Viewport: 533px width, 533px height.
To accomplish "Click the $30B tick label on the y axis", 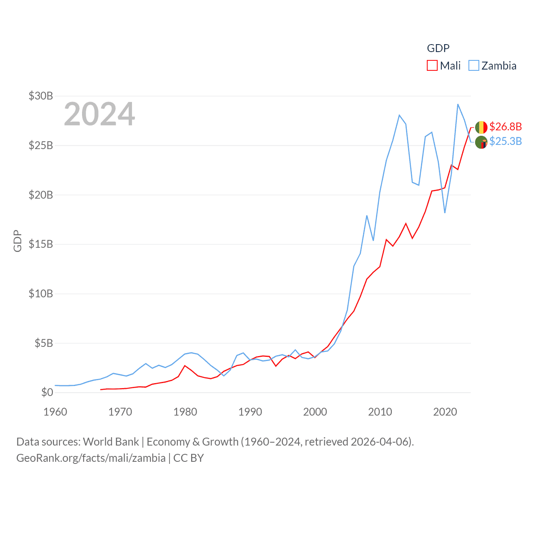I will (x=41, y=96).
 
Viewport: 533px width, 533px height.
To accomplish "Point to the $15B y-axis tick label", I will (x=41, y=244).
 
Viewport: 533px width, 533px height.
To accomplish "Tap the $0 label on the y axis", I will (x=47, y=392).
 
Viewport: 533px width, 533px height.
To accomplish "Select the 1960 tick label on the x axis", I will (x=55, y=412).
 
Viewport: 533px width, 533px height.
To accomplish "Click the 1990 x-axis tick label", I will (x=250, y=412).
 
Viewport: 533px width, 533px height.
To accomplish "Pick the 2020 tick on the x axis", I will (x=445, y=412).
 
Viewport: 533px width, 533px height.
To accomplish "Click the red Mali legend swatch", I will (x=432, y=66).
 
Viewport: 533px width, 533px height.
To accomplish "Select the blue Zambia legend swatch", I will (x=474, y=66).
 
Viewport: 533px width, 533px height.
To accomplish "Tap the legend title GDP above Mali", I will (x=438, y=48).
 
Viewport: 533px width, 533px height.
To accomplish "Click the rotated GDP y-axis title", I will (x=17, y=241).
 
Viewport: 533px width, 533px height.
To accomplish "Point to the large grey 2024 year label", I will (x=100, y=114).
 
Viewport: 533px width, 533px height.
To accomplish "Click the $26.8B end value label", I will (x=506, y=127).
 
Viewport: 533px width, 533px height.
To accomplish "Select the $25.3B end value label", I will (x=506, y=141).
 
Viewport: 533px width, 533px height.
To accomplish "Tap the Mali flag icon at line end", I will (x=481, y=127).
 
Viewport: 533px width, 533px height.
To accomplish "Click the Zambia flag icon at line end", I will (x=481, y=142).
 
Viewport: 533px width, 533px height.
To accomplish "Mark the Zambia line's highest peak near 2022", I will (x=458, y=104).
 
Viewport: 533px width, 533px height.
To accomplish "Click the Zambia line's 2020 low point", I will (x=445, y=213).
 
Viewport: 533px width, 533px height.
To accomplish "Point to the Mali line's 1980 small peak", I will (x=185, y=366).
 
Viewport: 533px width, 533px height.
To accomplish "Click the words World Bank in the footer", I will (x=111, y=442).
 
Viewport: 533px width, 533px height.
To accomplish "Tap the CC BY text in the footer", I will (x=189, y=458).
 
